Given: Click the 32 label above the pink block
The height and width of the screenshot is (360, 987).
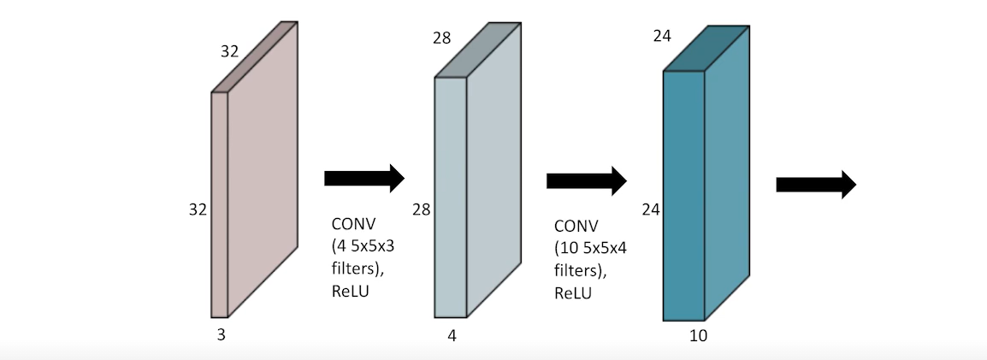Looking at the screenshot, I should (229, 51).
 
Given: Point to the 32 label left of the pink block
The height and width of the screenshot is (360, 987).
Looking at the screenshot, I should (198, 209).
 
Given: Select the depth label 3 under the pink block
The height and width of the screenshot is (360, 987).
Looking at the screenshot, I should (221, 335).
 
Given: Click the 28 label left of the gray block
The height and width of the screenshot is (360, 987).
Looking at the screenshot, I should (421, 209).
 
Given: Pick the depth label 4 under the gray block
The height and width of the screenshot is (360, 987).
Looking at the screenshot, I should (452, 335).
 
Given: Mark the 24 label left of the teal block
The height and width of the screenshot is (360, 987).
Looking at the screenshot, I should (652, 209).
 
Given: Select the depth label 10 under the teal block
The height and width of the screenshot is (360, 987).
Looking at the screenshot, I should (698, 335).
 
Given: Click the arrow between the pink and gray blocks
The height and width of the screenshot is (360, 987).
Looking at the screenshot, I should (363, 178).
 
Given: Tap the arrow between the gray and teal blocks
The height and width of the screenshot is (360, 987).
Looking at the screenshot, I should (586, 180).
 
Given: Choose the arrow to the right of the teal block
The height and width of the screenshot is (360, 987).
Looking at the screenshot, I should (816, 184).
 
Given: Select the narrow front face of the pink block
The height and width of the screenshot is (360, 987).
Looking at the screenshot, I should (220, 205).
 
